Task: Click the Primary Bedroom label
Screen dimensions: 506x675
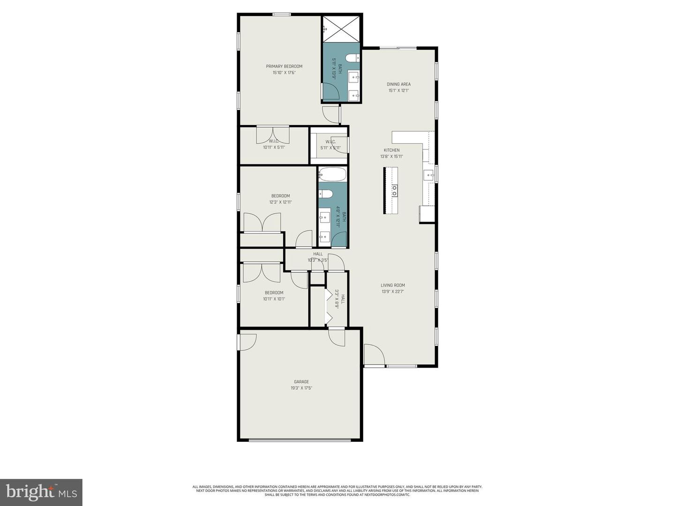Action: tap(284, 67)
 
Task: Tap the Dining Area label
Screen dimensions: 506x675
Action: tap(398, 84)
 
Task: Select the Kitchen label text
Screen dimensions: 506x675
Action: tap(391, 150)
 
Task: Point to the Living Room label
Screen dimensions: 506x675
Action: tap(392, 285)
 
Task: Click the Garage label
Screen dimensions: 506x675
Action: tap(301, 382)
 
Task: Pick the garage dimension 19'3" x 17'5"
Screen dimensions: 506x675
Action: tap(301, 388)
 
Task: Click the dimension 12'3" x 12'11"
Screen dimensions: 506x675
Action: tap(280, 202)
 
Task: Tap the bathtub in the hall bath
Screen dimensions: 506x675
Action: tap(332, 175)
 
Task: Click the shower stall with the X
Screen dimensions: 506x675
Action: tap(341, 28)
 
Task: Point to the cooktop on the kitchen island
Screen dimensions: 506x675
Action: tap(394, 190)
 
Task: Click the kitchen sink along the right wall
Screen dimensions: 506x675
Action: tap(429, 175)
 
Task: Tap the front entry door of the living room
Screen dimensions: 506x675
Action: tap(374, 355)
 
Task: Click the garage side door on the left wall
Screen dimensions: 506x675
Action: tap(247, 342)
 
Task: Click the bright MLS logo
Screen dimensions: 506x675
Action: tap(41, 492)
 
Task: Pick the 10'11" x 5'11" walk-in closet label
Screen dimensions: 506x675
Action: tap(274, 147)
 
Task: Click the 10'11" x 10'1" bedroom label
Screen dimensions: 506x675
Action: tap(274, 299)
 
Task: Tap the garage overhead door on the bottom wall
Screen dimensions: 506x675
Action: tap(300, 439)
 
